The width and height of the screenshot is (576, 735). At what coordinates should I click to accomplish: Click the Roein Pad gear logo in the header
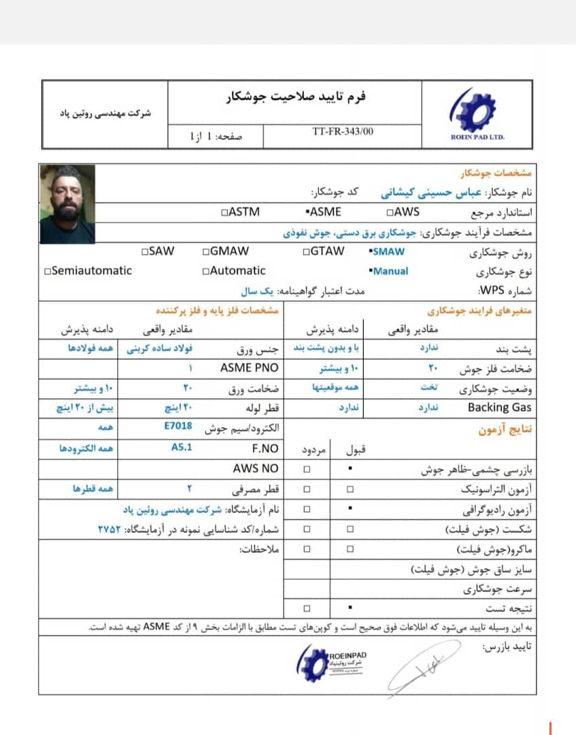[477, 110]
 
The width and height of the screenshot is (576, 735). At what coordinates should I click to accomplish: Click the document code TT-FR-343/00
[343, 131]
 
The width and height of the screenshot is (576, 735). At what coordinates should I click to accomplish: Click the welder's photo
[67, 203]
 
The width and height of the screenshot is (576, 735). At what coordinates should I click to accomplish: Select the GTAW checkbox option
[323, 251]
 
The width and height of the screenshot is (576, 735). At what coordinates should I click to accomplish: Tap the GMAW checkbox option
[226, 251]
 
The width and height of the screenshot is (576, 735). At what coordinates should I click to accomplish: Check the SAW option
[158, 251]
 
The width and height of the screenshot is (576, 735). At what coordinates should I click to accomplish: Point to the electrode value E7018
[178, 427]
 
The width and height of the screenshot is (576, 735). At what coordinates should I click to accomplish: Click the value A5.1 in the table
[182, 448]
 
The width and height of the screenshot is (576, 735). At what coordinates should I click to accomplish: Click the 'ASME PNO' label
[250, 368]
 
